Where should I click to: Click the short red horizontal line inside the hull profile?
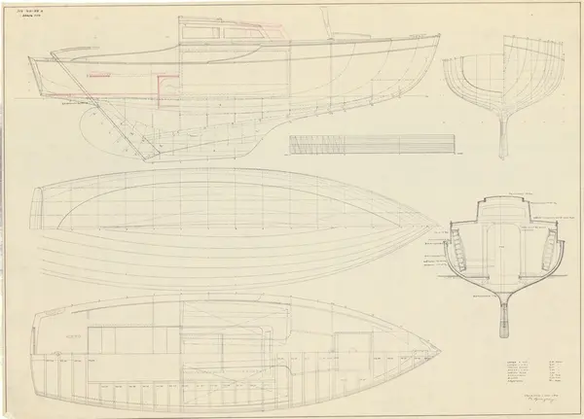point(96,75)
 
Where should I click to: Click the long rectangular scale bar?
point(372,144)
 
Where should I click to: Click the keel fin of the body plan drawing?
point(502,136)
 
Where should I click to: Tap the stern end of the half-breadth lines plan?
point(37,206)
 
